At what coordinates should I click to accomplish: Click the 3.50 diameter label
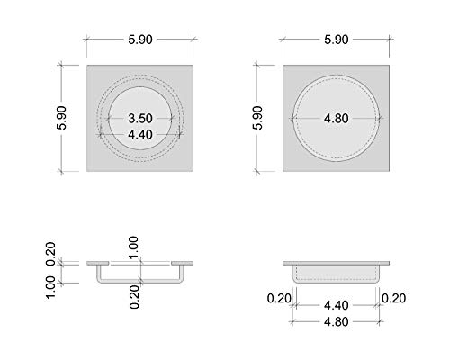[140, 119]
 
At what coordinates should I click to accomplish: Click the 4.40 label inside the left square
[140, 135]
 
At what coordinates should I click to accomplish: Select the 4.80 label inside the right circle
[337, 119]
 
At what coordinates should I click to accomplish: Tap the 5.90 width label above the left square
[140, 40]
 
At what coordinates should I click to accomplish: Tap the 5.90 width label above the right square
[337, 40]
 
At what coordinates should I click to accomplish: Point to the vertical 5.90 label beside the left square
[61, 118]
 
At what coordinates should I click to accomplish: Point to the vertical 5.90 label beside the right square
[257, 118]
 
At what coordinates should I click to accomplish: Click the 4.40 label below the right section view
[337, 305]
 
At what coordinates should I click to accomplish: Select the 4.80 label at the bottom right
[337, 322]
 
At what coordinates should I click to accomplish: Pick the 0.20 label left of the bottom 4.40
[279, 298]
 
